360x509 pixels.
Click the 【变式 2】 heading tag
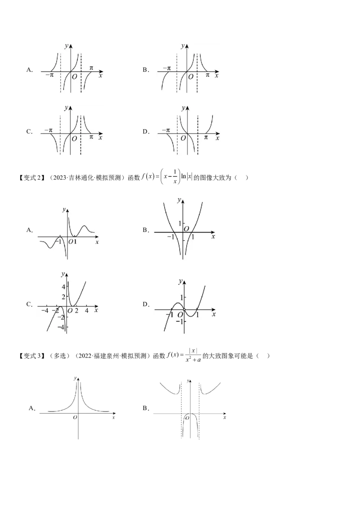(32, 178)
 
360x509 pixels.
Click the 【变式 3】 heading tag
(32, 356)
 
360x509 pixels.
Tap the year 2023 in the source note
(59, 178)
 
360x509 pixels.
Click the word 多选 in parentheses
(59, 356)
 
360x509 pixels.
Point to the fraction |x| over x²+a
(193, 355)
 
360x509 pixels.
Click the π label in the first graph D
(206, 138)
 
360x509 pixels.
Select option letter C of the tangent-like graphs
(29, 132)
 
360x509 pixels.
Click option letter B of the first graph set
(145, 70)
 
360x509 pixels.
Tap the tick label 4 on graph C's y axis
(64, 286)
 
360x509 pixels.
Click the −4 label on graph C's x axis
(45, 311)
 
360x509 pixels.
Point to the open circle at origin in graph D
(184, 310)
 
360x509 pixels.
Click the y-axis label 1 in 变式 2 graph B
(179, 223)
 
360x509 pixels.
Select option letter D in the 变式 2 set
(145, 304)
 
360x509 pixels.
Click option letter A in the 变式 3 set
(31, 408)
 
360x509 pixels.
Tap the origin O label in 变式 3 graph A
(75, 417)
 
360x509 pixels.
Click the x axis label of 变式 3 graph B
(225, 417)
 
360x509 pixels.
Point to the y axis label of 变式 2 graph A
(64, 210)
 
